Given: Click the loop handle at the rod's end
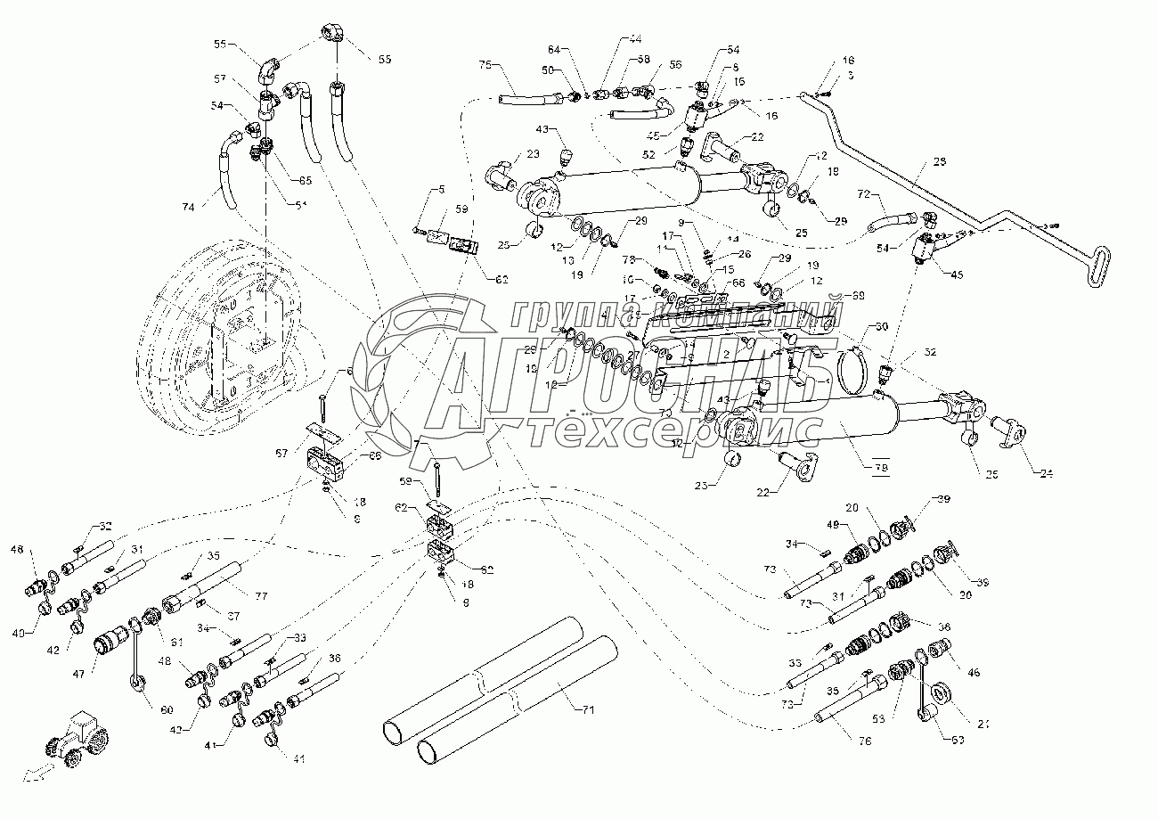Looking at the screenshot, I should [1104, 267].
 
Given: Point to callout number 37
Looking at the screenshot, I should [232, 615].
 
